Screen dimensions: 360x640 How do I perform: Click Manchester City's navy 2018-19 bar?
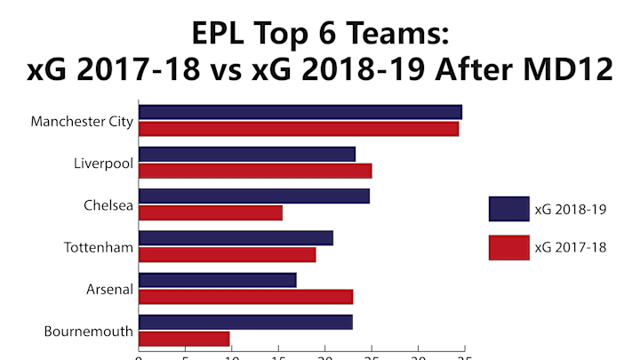300,112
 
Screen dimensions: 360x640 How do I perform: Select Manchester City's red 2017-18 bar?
299,129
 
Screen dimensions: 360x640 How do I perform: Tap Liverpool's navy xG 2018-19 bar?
247,154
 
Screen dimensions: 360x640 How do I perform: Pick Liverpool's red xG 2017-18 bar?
255,171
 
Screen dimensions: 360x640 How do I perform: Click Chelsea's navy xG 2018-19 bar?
254,196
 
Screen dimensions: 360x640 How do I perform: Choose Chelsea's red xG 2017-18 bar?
211,212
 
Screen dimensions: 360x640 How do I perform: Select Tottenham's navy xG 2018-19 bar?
236,237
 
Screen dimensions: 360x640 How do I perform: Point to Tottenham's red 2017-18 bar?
227,254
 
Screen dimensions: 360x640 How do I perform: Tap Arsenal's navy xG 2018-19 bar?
218,280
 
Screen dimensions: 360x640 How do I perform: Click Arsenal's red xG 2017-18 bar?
245,297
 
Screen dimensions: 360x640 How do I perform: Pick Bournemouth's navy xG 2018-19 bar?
245,322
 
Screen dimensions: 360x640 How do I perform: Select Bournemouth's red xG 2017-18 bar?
184,339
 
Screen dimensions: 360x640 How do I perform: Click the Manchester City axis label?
82,121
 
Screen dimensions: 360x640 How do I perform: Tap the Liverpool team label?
103,164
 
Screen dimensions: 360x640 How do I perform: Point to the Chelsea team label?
108,205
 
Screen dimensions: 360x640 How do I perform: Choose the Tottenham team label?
99,247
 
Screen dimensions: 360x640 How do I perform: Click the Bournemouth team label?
89,332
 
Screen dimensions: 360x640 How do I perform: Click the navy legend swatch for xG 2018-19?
508,209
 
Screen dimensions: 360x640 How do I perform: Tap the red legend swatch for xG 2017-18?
508,247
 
